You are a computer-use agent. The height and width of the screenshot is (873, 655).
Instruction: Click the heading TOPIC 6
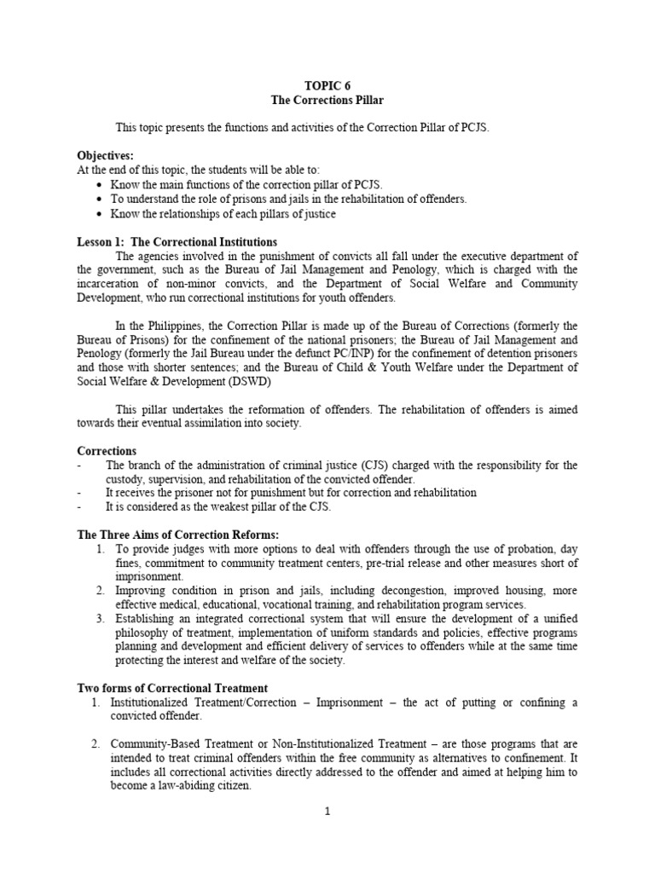pyautogui.click(x=327, y=86)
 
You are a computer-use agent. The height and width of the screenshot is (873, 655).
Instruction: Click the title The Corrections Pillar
pyautogui.click(x=327, y=101)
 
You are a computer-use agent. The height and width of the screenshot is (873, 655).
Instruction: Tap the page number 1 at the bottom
pyautogui.click(x=327, y=812)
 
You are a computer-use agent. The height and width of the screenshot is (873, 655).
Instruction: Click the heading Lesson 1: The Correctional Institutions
pyautogui.click(x=177, y=242)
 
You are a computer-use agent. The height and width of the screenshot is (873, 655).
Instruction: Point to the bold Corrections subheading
pyautogui.click(x=107, y=451)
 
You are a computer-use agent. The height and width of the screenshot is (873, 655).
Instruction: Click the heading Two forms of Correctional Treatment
pyautogui.click(x=172, y=688)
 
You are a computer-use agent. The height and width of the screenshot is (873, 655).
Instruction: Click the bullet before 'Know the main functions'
pyautogui.click(x=101, y=185)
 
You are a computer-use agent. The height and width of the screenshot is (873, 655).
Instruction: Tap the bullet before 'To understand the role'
pyautogui.click(x=101, y=199)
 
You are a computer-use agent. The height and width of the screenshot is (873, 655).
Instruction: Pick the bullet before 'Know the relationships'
pyautogui.click(x=101, y=214)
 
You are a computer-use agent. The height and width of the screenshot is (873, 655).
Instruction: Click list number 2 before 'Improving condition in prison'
pyautogui.click(x=100, y=591)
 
